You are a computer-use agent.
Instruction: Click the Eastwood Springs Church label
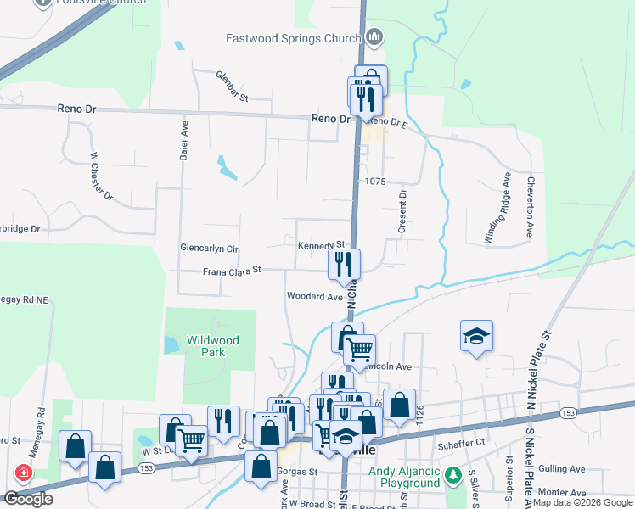click(294, 38)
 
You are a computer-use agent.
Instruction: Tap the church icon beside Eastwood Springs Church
click(375, 37)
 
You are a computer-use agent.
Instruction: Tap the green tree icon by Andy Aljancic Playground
click(454, 472)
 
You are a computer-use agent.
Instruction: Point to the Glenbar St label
click(231, 87)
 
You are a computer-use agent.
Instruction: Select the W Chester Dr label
click(101, 176)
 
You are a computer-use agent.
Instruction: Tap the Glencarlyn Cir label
click(209, 248)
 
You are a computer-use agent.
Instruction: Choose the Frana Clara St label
click(231, 271)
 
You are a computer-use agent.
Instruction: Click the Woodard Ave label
click(314, 297)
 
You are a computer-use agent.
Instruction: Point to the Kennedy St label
click(321, 245)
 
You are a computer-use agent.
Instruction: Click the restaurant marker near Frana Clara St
click(344, 265)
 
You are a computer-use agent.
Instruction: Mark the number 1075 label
click(375, 182)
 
